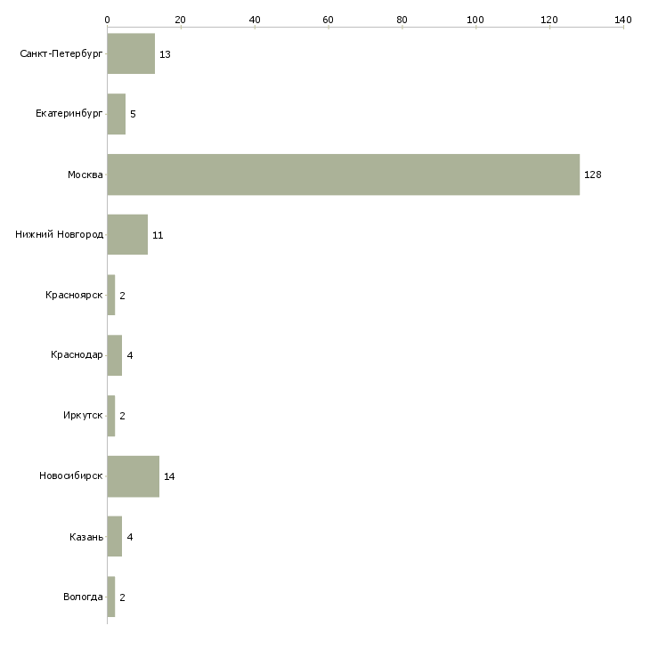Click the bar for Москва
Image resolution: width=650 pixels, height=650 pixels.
[x=344, y=175]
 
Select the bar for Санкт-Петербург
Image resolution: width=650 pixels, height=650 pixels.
[x=132, y=53]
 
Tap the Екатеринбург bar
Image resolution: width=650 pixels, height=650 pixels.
[x=117, y=114]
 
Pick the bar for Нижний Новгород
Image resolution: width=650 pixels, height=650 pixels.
[x=127, y=235]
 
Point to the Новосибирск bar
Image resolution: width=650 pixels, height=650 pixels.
[x=134, y=476]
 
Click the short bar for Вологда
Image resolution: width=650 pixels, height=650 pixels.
[x=111, y=597]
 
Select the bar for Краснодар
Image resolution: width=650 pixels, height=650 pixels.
[x=115, y=355]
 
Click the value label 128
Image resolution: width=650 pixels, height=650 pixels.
[x=593, y=175]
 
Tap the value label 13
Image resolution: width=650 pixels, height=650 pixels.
[x=165, y=54]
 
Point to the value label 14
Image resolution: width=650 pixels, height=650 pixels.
[x=169, y=476]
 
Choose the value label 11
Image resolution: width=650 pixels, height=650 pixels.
[x=158, y=235]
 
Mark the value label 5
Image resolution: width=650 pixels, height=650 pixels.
[x=133, y=114]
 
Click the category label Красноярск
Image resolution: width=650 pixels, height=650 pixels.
[x=74, y=295]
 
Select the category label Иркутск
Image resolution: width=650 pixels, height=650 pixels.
[x=83, y=415]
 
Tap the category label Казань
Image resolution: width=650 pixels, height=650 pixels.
[x=86, y=537]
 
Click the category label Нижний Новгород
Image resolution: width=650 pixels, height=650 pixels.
[x=60, y=235]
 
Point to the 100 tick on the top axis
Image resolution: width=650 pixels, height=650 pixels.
[x=475, y=27]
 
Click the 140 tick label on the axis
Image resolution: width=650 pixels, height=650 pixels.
[x=623, y=20]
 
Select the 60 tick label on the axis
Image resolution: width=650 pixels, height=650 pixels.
[x=328, y=20]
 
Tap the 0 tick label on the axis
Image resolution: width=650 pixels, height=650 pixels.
[x=108, y=20]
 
